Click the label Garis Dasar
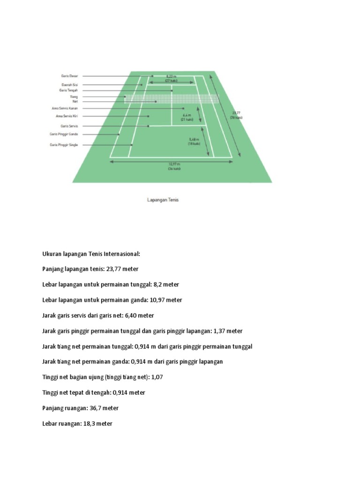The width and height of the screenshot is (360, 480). pyautogui.click(x=70, y=75)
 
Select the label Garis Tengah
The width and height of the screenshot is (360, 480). pyautogui.click(x=68, y=90)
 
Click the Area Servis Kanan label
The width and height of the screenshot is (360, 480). pyautogui.click(x=65, y=108)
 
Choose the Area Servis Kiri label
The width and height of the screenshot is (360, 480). pyautogui.click(x=67, y=116)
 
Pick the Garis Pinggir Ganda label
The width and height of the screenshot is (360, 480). pyautogui.click(x=64, y=134)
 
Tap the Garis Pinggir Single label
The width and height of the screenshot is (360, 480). pyautogui.click(x=64, y=145)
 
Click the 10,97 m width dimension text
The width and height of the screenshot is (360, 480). pyautogui.click(x=173, y=164)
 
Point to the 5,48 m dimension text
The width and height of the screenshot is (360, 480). pyautogui.click(x=194, y=139)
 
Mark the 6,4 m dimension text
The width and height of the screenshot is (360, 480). pyautogui.click(x=187, y=115)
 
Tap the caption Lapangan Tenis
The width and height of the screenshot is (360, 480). pyautogui.click(x=163, y=200)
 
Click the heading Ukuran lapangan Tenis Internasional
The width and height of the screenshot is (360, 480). pyautogui.click(x=91, y=254)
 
